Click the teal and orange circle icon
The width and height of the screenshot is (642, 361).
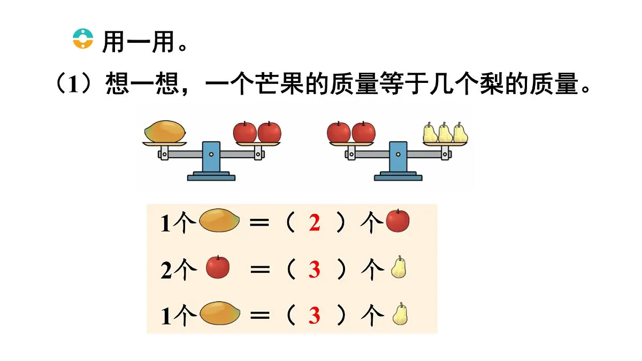pyautogui.click(x=83, y=39)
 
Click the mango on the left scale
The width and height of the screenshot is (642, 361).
pyautogui.click(x=165, y=132)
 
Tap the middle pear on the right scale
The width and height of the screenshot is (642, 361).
pyautogui.click(x=445, y=133)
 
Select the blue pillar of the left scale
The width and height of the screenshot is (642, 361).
pyautogui.click(x=211, y=157)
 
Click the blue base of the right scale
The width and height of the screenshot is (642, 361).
pyautogui.click(x=398, y=176)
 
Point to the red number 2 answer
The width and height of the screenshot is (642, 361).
pyautogui.click(x=315, y=222)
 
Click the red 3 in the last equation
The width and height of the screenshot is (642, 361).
pyautogui.click(x=315, y=316)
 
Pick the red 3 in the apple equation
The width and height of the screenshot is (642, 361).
pyautogui.click(x=315, y=270)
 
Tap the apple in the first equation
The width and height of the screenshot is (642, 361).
pyautogui.click(x=398, y=220)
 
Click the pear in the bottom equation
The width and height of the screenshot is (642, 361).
pyautogui.click(x=400, y=314)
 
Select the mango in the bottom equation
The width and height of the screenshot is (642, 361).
pyautogui.click(x=220, y=313)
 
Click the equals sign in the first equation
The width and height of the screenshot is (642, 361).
pyautogui.click(x=259, y=222)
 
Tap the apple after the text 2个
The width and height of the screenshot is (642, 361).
pyautogui.click(x=218, y=267)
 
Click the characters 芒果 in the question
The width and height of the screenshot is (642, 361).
pyautogui.click(x=279, y=83)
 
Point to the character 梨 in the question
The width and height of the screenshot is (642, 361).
pyautogui.click(x=492, y=83)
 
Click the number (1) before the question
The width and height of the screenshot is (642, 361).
pyautogui.click(x=74, y=83)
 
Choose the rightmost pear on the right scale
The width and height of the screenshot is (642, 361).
pyautogui.click(x=460, y=133)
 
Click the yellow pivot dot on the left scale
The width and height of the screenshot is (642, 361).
pyautogui.click(x=211, y=155)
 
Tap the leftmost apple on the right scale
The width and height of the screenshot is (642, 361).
pyautogui.click(x=339, y=132)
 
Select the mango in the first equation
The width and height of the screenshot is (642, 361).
pyautogui.click(x=219, y=220)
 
